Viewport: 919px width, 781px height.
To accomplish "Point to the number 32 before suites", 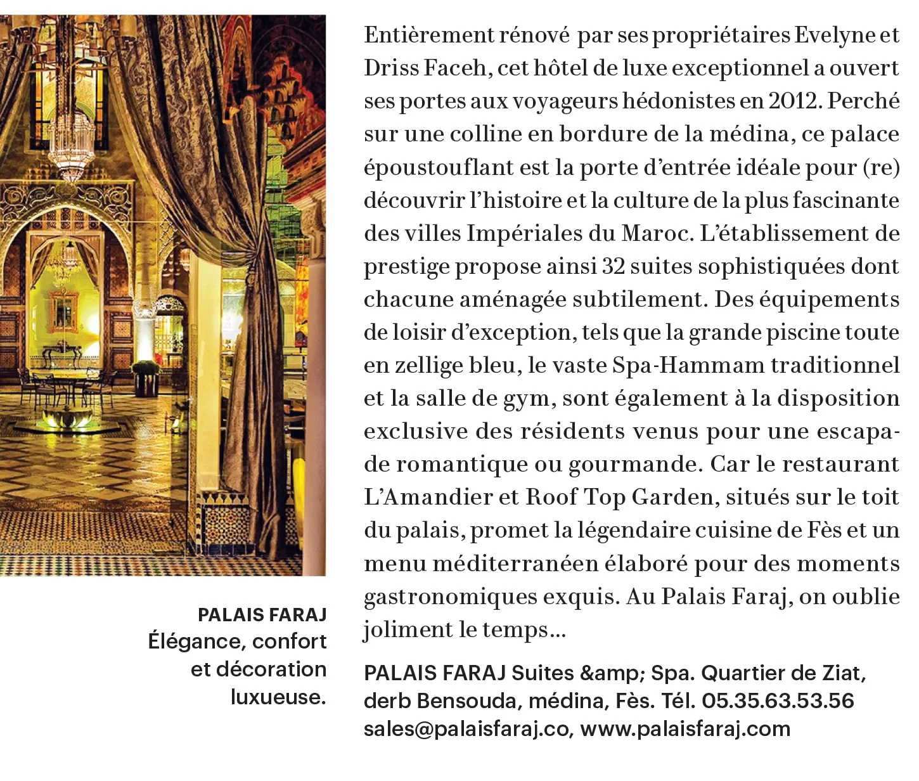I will click(613, 267).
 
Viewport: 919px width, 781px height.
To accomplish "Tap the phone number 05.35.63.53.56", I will click(778, 700).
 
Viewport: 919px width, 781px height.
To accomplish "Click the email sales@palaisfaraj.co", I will click(466, 729).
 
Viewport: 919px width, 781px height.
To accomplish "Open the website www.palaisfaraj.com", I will click(685, 729).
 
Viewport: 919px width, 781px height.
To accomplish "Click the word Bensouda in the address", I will click(469, 700).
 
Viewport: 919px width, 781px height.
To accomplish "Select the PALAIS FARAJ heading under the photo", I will click(262, 615).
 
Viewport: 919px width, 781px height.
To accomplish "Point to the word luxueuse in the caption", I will click(278, 697).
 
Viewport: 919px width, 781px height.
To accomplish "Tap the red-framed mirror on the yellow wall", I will click(63, 311).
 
